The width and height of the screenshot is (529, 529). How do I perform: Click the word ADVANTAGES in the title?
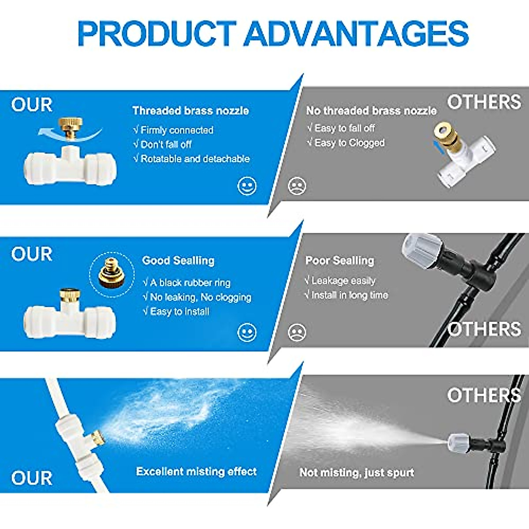[x=356, y=34]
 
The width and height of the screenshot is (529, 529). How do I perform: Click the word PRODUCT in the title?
[x=156, y=34]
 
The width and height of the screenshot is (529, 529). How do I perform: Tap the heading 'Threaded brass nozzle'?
[x=190, y=111]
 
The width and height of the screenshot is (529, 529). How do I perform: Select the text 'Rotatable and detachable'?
[x=195, y=159]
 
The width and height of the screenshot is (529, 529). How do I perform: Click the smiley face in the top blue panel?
[x=247, y=186]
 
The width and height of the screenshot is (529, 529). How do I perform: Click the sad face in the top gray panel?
[x=297, y=186]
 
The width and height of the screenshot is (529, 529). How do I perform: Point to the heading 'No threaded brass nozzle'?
[x=371, y=111]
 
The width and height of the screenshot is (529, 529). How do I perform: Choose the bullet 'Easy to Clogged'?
[x=349, y=143]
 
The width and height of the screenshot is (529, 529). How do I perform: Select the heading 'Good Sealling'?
[x=178, y=261]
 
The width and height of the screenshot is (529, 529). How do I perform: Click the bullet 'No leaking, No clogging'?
[x=201, y=297]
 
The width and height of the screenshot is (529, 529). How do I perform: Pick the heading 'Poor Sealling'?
[x=339, y=261]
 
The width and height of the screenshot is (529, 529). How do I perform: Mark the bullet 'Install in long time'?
[x=349, y=295]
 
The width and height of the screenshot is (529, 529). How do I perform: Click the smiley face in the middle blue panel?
[x=247, y=332]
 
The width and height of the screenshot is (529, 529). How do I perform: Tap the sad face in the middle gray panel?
[x=297, y=332]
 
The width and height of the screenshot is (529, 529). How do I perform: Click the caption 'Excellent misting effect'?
[x=196, y=472]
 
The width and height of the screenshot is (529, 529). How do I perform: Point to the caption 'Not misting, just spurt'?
[x=357, y=473]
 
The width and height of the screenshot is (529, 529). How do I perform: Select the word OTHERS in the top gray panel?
[x=484, y=102]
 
